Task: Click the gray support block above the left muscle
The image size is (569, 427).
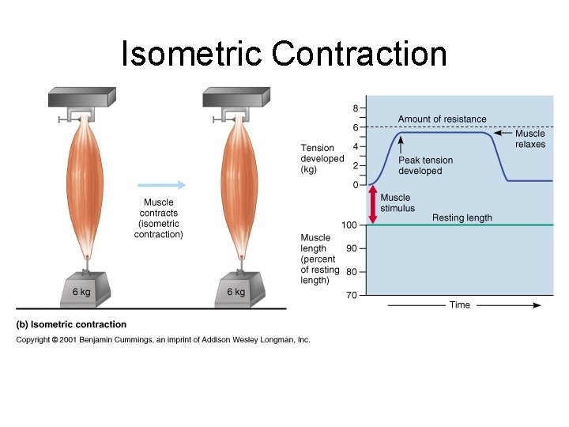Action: [x=82, y=97]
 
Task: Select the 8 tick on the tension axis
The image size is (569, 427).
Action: [x=356, y=108]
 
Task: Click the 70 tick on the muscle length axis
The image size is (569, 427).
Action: [x=352, y=296]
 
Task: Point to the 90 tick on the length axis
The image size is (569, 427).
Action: [x=352, y=248]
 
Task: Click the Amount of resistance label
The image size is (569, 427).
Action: [x=442, y=119]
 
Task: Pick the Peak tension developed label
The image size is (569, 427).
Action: [x=425, y=165]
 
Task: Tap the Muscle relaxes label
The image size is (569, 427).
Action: [x=530, y=139]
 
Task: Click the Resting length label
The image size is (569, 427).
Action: [x=462, y=218]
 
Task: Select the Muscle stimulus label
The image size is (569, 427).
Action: [x=395, y=203]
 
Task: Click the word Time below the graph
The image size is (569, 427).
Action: [x=460, y=305]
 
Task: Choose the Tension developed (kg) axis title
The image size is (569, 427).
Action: [x=322, y=158]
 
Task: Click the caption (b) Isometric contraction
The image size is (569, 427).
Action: [x=72, y=324]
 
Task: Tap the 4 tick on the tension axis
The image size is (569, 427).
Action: [x=356, y=146]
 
